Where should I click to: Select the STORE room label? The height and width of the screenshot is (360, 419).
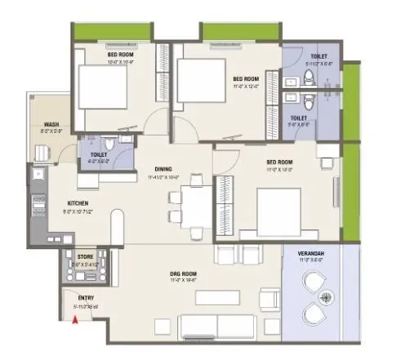pos(86,256)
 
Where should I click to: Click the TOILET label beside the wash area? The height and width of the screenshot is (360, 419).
pos(97,154)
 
